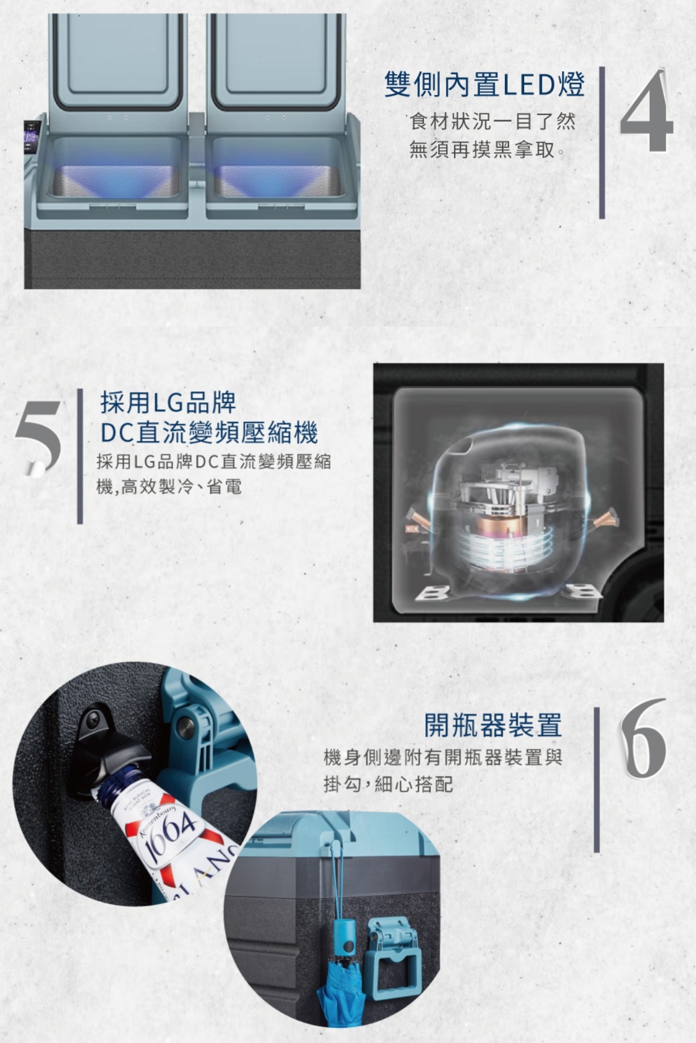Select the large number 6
coord(643,738)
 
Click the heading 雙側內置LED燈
coord(485,85)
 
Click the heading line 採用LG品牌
coord(168,403)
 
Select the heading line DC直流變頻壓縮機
coord(209,432)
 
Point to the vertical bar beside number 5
coord(80,456)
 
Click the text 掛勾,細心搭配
coord(388,784)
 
